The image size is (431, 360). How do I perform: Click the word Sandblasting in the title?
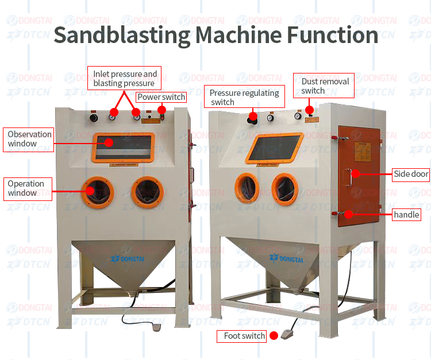click(121, 36)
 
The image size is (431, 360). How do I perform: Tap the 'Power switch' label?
click(161, 97)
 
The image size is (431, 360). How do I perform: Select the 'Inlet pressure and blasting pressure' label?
click(125, 79)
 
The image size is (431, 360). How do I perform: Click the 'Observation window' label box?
click(29, 139)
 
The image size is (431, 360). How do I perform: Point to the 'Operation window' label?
click(26, 188)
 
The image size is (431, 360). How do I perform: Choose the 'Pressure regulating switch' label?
click(244, 97)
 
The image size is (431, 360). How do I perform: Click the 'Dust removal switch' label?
click(325, 86)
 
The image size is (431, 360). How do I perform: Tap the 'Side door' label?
click(411, 174)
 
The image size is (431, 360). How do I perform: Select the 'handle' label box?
click(406, 215)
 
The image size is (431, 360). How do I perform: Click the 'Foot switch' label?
click(241, 336)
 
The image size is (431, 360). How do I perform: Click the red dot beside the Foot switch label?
click(274, 336)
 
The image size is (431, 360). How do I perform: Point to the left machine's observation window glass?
click(124, 148)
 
